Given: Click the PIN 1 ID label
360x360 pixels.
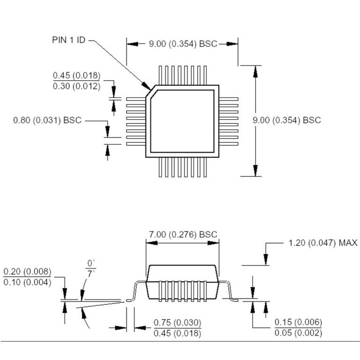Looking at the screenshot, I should point(68,40).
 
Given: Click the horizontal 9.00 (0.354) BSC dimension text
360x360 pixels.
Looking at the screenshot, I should point(183,44).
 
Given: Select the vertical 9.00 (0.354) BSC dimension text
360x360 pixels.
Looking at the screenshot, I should point(287,120).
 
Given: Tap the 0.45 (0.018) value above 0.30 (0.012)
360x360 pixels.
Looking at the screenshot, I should point(76,76).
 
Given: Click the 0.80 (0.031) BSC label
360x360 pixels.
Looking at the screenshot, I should point(47,120).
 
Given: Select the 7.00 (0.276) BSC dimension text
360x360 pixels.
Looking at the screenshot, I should point(183,234).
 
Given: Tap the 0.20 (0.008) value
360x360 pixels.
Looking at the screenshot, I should point(27,272).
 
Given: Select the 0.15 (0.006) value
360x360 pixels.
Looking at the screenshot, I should point(298,322).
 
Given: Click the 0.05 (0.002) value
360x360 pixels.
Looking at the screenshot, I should point(298,333).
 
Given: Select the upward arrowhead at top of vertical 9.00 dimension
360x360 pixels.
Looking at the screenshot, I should point(255,69).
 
